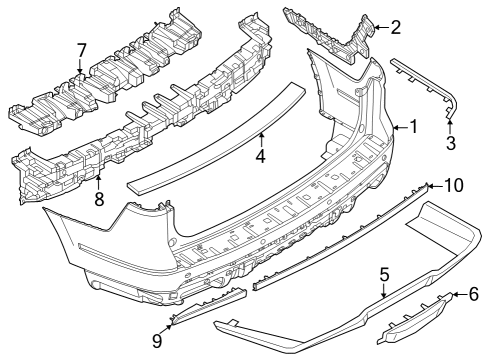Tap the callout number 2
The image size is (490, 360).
pos(396,27)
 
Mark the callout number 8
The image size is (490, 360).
pos(98,200)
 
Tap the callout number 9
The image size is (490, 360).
pos(157,341)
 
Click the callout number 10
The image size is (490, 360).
pos(453,185)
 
